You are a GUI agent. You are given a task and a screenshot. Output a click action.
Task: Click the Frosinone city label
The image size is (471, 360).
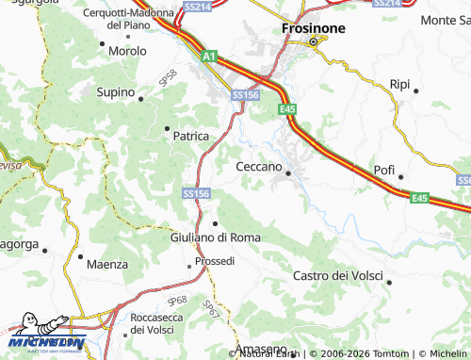pyautogui.click(x=313, y=28)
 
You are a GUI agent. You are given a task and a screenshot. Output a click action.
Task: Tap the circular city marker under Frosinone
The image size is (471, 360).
pyautogui.click(x=313, y=41)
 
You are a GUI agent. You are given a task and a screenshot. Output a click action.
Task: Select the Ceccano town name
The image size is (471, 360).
pyautogui.click(x=258, y=166)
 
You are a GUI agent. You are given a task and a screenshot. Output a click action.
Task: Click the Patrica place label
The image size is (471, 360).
pyautogui.click(x=190, y=136)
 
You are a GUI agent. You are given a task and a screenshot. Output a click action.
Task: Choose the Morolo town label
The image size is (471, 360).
pyautogui.click(x=127, y=51)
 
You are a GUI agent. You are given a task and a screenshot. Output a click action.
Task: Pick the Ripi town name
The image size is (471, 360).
pyautogui.click(x=399, y=84)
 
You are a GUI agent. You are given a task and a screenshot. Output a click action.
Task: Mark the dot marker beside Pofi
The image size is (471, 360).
pyautogui.click(x=400, y=176)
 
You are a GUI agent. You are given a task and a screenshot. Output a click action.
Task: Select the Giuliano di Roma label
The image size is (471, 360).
pyautogui.click(x=216, y=237)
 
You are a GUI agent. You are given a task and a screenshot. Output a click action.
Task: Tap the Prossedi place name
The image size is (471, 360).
pyautogui.click(x=215, y=260)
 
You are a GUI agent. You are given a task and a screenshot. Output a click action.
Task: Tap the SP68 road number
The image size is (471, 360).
pyautogui.click(x=177, y=302)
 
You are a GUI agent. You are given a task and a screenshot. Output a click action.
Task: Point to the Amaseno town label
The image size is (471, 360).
pyautogui.click(x=261, y=350)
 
